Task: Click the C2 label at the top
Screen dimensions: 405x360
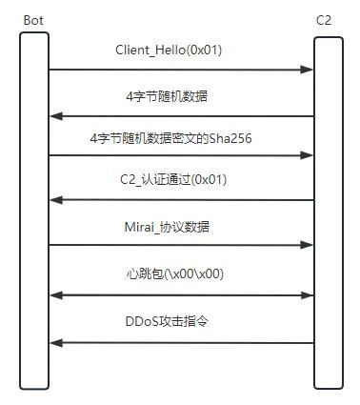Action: pyautogui.click(x=325, y=19)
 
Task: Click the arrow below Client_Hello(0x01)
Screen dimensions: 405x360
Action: pyautogui.click(x=181, y=70)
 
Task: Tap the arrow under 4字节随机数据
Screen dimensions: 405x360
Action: pyautogui.click(x=181, y=116)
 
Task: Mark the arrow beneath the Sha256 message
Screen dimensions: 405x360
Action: pyautogui.click(x=181, y=154)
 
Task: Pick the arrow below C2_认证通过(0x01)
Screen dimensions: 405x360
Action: pyautogui.click(x=181, y=200)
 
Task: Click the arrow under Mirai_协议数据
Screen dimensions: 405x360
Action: pyautogui.click(x=181, y=245)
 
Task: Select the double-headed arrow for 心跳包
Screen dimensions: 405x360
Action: pyautogui.click(x=181, y=294)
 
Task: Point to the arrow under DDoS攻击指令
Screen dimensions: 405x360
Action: pyautogui.click(x=181, y=342)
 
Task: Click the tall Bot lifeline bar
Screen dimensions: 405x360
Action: pyautogui.click(x=34, y=210)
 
